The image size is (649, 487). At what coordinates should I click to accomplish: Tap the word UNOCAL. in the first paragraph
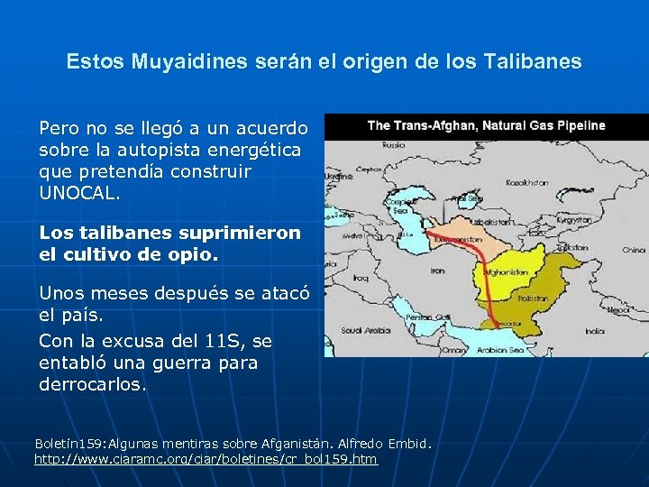[78, 193]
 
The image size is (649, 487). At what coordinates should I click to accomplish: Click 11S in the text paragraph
[221, 341]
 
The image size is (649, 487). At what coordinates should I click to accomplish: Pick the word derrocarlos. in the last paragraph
[92, 384]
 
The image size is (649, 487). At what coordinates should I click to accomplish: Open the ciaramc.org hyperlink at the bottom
[206, 460]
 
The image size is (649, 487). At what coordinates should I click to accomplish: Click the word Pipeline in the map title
[577, 125]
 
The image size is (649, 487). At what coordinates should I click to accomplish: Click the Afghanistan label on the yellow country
[506, 271]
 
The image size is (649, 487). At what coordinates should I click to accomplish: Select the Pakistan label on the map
[533, 296]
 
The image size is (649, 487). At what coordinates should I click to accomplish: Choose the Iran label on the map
[437, 270]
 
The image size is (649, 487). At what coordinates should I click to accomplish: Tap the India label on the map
[595, 331]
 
